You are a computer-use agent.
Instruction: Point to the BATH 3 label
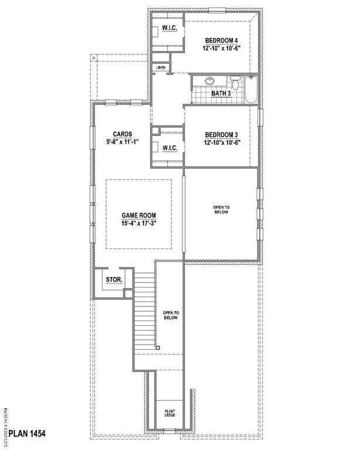pyautogui.click(x=222, y=93)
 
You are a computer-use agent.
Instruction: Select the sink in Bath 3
pyautogui.click(x=210, y=81)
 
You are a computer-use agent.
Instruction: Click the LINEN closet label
pyautogui.click(x=161, y=68)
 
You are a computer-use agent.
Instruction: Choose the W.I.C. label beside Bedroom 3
pyautogui.click(x=170, y=148)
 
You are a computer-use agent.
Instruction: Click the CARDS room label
pyautogui.click(x=123, y=133)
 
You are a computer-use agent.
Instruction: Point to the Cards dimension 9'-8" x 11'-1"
pyautogui.click(x=123, y=142)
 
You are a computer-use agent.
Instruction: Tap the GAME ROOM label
pyautogui.click(x=138, y=216)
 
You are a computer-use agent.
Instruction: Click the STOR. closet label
pyautogui.click(x=114, y=280)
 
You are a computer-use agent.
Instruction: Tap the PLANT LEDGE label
pyautogui.click(x=169, y=414)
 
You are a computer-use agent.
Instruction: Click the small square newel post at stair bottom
pyautogui.click(x=158, y=347)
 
